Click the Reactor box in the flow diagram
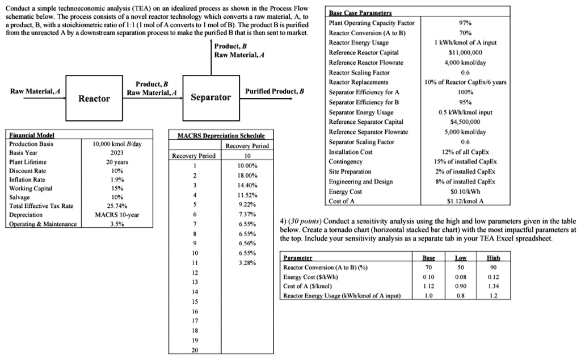(x=94, y=99)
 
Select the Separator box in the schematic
(x=211, y=97)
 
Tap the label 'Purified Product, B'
(x=275, y=91)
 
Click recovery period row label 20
(x=195, y=350)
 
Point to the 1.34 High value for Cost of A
(x=493, y=286)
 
